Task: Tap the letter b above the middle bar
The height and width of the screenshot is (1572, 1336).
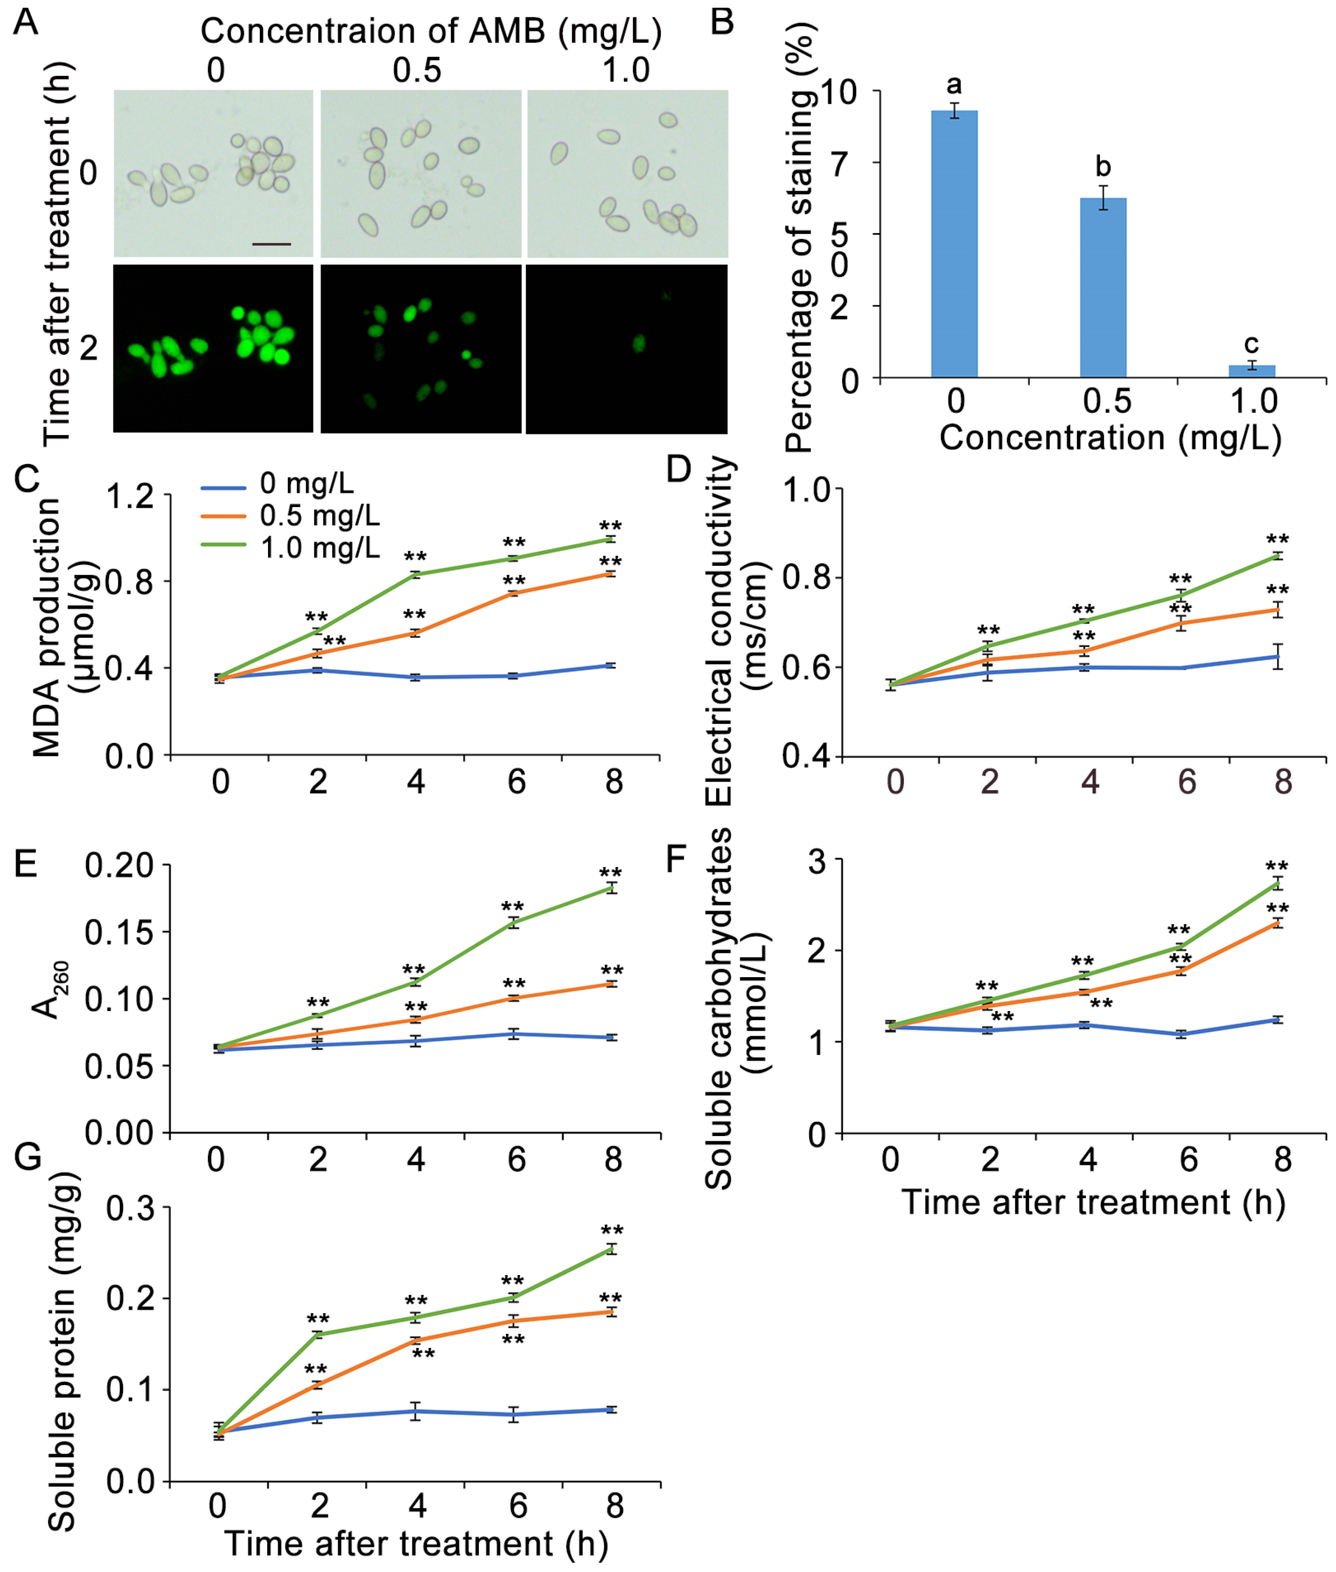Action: pos(1103,167)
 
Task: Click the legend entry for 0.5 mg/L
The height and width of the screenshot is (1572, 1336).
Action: pos(319,516)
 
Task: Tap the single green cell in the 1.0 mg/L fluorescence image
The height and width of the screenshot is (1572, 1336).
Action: pos(638,344)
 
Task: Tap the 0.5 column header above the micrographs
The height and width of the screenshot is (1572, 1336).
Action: pos(417,70)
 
